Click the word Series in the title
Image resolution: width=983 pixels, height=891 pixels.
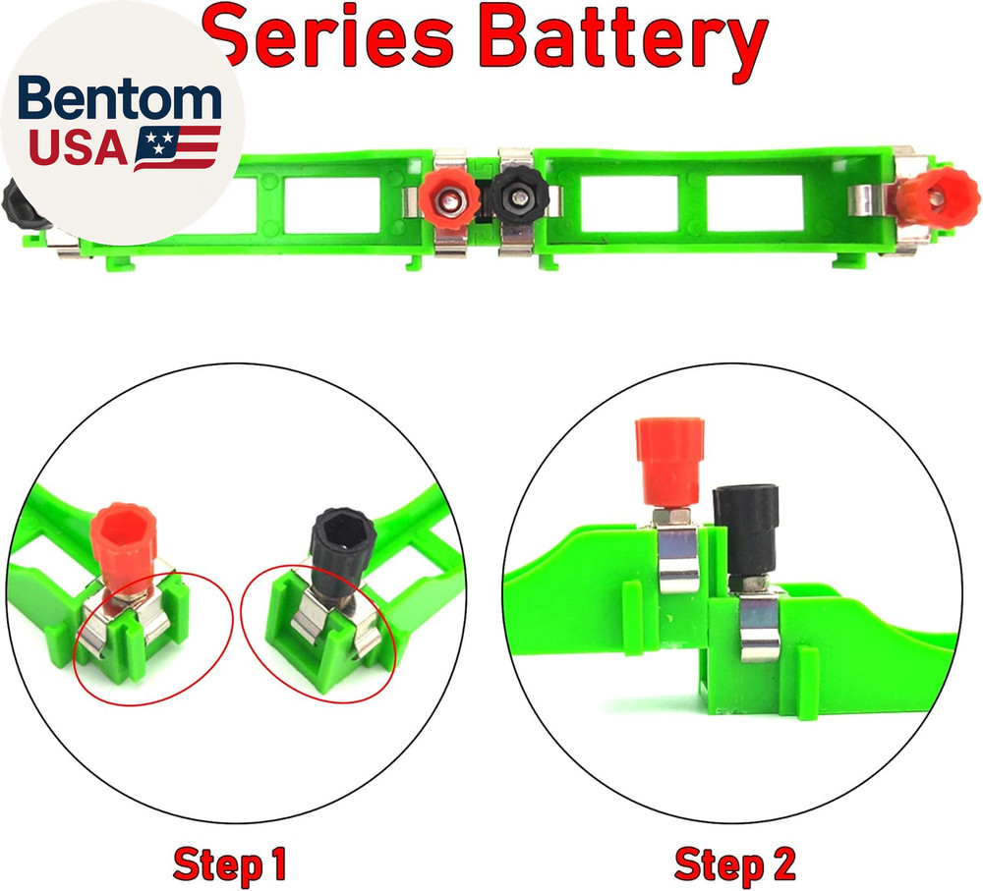click(329, 36)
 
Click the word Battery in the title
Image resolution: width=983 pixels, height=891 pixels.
click(627, 42)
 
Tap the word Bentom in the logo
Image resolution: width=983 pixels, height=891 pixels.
click(120, 98)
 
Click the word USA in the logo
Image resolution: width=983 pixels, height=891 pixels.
click(79, 148)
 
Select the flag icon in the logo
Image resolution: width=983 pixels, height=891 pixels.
click(177, 148)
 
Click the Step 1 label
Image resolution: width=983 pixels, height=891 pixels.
click(229, 864)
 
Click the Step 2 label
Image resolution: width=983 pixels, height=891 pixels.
click(734, 864)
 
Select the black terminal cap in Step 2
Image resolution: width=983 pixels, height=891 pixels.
click(746, 530)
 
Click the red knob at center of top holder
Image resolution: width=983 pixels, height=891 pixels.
click(449, 199)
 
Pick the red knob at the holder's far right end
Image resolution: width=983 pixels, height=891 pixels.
click(937, 197)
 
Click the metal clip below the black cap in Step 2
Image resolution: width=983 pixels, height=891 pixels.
click(759, 627)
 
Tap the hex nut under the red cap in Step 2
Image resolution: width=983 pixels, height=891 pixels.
click(669, 517)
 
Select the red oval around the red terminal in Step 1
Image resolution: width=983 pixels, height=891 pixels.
click(153, 639)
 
